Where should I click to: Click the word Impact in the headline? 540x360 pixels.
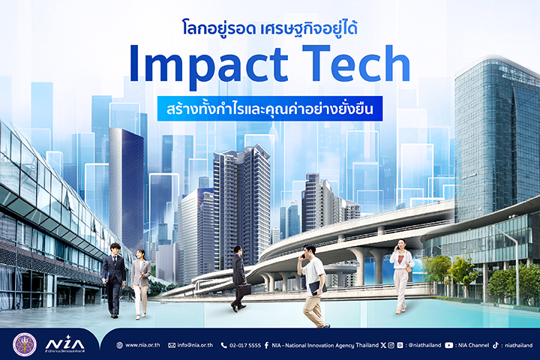tap(208, 65)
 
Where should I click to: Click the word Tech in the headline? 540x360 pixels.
tap(356, 64)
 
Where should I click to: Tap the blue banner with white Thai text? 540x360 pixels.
tap(270, 109)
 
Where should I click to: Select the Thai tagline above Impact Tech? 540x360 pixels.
tap(270, 28)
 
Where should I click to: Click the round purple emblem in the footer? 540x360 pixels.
tap(25, 344)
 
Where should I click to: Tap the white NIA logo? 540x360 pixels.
tap(64, 343)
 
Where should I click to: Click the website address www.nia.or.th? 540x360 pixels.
tap(142, 345)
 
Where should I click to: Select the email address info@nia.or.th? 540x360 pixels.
tap(195, 345)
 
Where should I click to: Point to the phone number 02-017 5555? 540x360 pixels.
tap(245, 345)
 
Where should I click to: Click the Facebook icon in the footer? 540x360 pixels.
tap(266, 345)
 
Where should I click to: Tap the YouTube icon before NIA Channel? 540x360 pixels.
tap(448, 345)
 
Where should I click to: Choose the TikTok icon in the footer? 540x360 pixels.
tap(496, 345)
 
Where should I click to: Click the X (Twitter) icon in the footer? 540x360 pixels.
tap(383, 345)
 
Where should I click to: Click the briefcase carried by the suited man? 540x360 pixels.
tap(244, 289)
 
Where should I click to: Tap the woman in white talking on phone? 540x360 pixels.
tap(402, 276)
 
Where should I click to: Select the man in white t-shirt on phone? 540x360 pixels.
tap(313, 286)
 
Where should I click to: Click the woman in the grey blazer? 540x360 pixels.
tap(140, 283)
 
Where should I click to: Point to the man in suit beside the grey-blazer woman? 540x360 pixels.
tap(114, 280)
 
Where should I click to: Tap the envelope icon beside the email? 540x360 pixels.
tap(172, 345)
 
